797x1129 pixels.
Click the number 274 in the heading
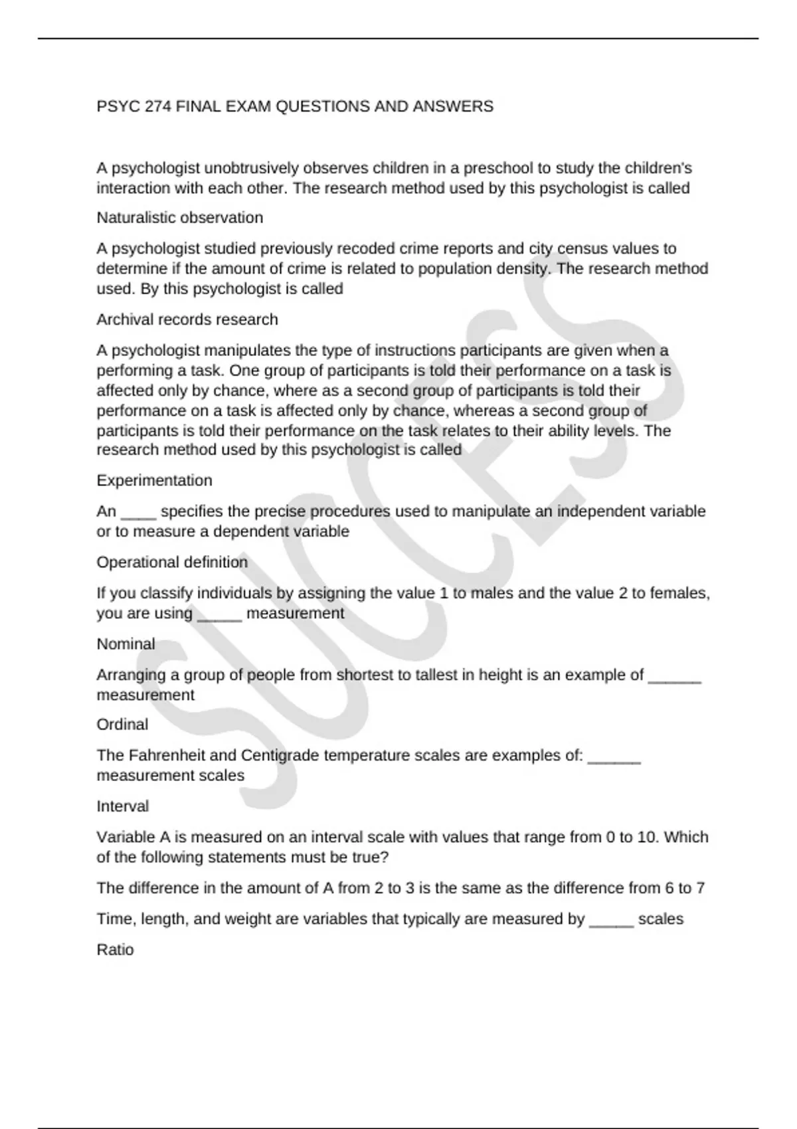coord(158,106)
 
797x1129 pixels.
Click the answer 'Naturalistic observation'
coord(180,218)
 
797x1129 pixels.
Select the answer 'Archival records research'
coord(187,319)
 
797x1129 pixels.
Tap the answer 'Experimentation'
coord(155,480)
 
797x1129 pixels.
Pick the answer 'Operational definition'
coord(173,563)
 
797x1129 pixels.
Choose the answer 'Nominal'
coord(126,644)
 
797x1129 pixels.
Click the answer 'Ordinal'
coord(123,725)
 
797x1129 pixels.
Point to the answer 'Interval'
coord(123,806)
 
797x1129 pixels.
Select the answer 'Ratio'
coord(116,950)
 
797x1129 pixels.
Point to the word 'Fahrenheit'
coord(167,756)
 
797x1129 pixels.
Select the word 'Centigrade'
coord(280,756)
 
